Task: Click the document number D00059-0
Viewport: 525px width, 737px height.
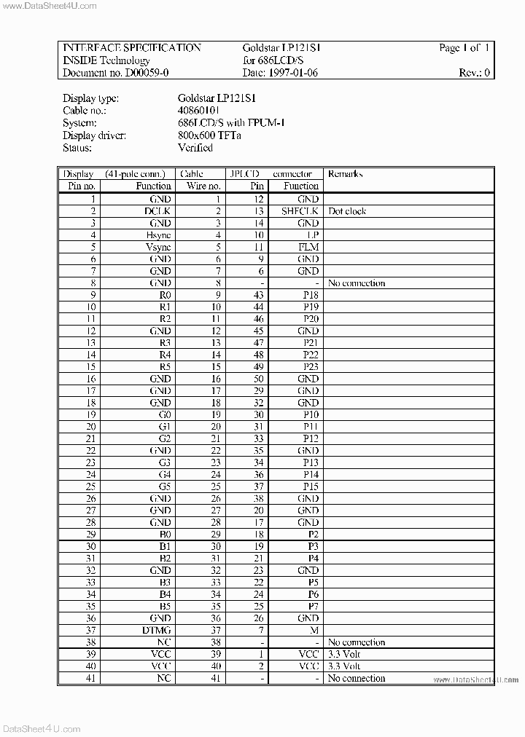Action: [x=138, y=73]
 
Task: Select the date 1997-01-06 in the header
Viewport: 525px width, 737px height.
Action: [x=292, y=73]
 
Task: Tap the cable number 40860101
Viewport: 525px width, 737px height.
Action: [x=199, y=110]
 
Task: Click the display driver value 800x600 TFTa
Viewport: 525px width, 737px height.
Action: [x=209, y=135]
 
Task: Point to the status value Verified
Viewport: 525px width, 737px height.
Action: [x=195, y=147]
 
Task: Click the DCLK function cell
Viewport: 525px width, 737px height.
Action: [x=157, y=210]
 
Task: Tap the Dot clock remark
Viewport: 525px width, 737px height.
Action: [x=347, y=210]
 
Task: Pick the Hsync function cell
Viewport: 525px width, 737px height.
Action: [x=158, y=234]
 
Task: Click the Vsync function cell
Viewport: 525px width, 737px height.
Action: [x=158, y=247]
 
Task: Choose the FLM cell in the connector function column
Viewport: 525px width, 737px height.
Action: [x=308, y=247]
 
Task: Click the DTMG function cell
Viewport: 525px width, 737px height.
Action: [x=157, y=630]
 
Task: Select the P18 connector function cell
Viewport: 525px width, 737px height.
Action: [x=311, y=294]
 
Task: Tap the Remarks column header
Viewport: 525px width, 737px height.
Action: [x=345, y=174]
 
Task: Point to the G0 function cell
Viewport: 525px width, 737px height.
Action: [x=164, y=414]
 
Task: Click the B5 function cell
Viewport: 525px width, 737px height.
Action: [x=164, y=606]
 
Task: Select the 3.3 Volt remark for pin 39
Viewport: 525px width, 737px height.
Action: [x=344, y=654]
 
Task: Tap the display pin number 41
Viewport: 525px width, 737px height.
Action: [x=90, y=678]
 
